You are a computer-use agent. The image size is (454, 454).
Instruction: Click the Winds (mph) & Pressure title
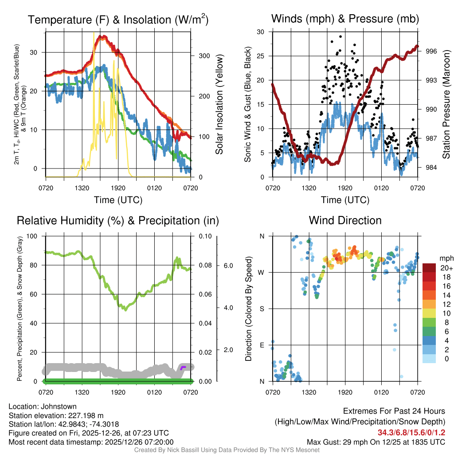(345, 19)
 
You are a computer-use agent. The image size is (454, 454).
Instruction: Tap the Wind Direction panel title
(345, 220)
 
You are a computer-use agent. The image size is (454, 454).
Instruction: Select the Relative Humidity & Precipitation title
(118, 220)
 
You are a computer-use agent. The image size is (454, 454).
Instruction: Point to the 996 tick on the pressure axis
(431, 51)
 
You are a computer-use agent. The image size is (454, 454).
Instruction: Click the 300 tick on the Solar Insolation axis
(204, 56)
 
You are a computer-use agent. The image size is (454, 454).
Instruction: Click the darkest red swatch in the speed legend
(430, 268)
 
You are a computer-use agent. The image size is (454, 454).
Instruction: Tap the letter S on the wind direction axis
(262, 309)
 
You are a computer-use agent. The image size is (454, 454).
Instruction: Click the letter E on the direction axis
(262, 345)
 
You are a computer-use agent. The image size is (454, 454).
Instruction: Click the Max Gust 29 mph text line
(376, 442)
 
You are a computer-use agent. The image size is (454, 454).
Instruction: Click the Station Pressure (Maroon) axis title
(446, 105)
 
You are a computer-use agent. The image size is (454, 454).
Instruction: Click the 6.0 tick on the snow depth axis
(228, 266)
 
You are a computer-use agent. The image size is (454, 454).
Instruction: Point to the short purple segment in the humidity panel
(183, 367)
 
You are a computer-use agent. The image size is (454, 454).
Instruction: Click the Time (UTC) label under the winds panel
(345, 200)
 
